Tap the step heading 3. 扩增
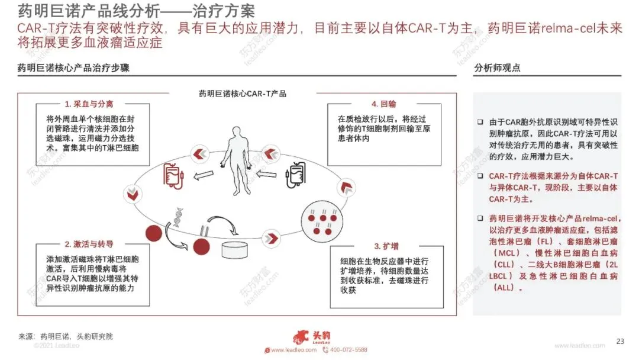click(385, 246)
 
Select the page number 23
click(620, 341)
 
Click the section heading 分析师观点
click(497, 68)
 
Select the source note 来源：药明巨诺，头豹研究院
click(66, 336)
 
